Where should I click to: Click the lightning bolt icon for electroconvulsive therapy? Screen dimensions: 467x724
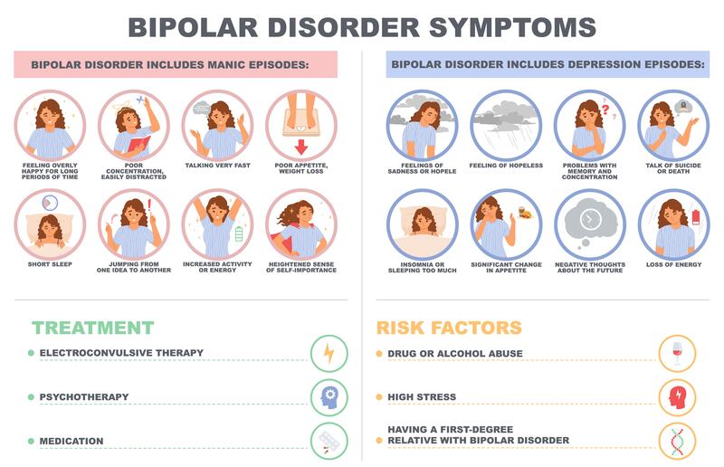(329, 353)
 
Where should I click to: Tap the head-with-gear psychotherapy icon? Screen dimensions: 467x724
(329, 396)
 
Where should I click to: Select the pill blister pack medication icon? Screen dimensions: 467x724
(329, 441)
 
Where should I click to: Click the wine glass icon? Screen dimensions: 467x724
(677, 353)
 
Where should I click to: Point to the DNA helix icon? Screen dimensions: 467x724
(677, 441)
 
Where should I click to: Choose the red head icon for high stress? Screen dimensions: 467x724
(677, 396)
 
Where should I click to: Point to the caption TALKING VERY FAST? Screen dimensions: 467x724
(217, 165)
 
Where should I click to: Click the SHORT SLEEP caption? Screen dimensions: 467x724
(51, 265)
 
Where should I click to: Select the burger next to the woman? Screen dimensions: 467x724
(526, 214)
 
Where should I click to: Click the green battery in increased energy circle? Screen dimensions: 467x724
(239, 233)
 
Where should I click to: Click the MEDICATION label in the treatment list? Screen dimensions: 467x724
(71, 441)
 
